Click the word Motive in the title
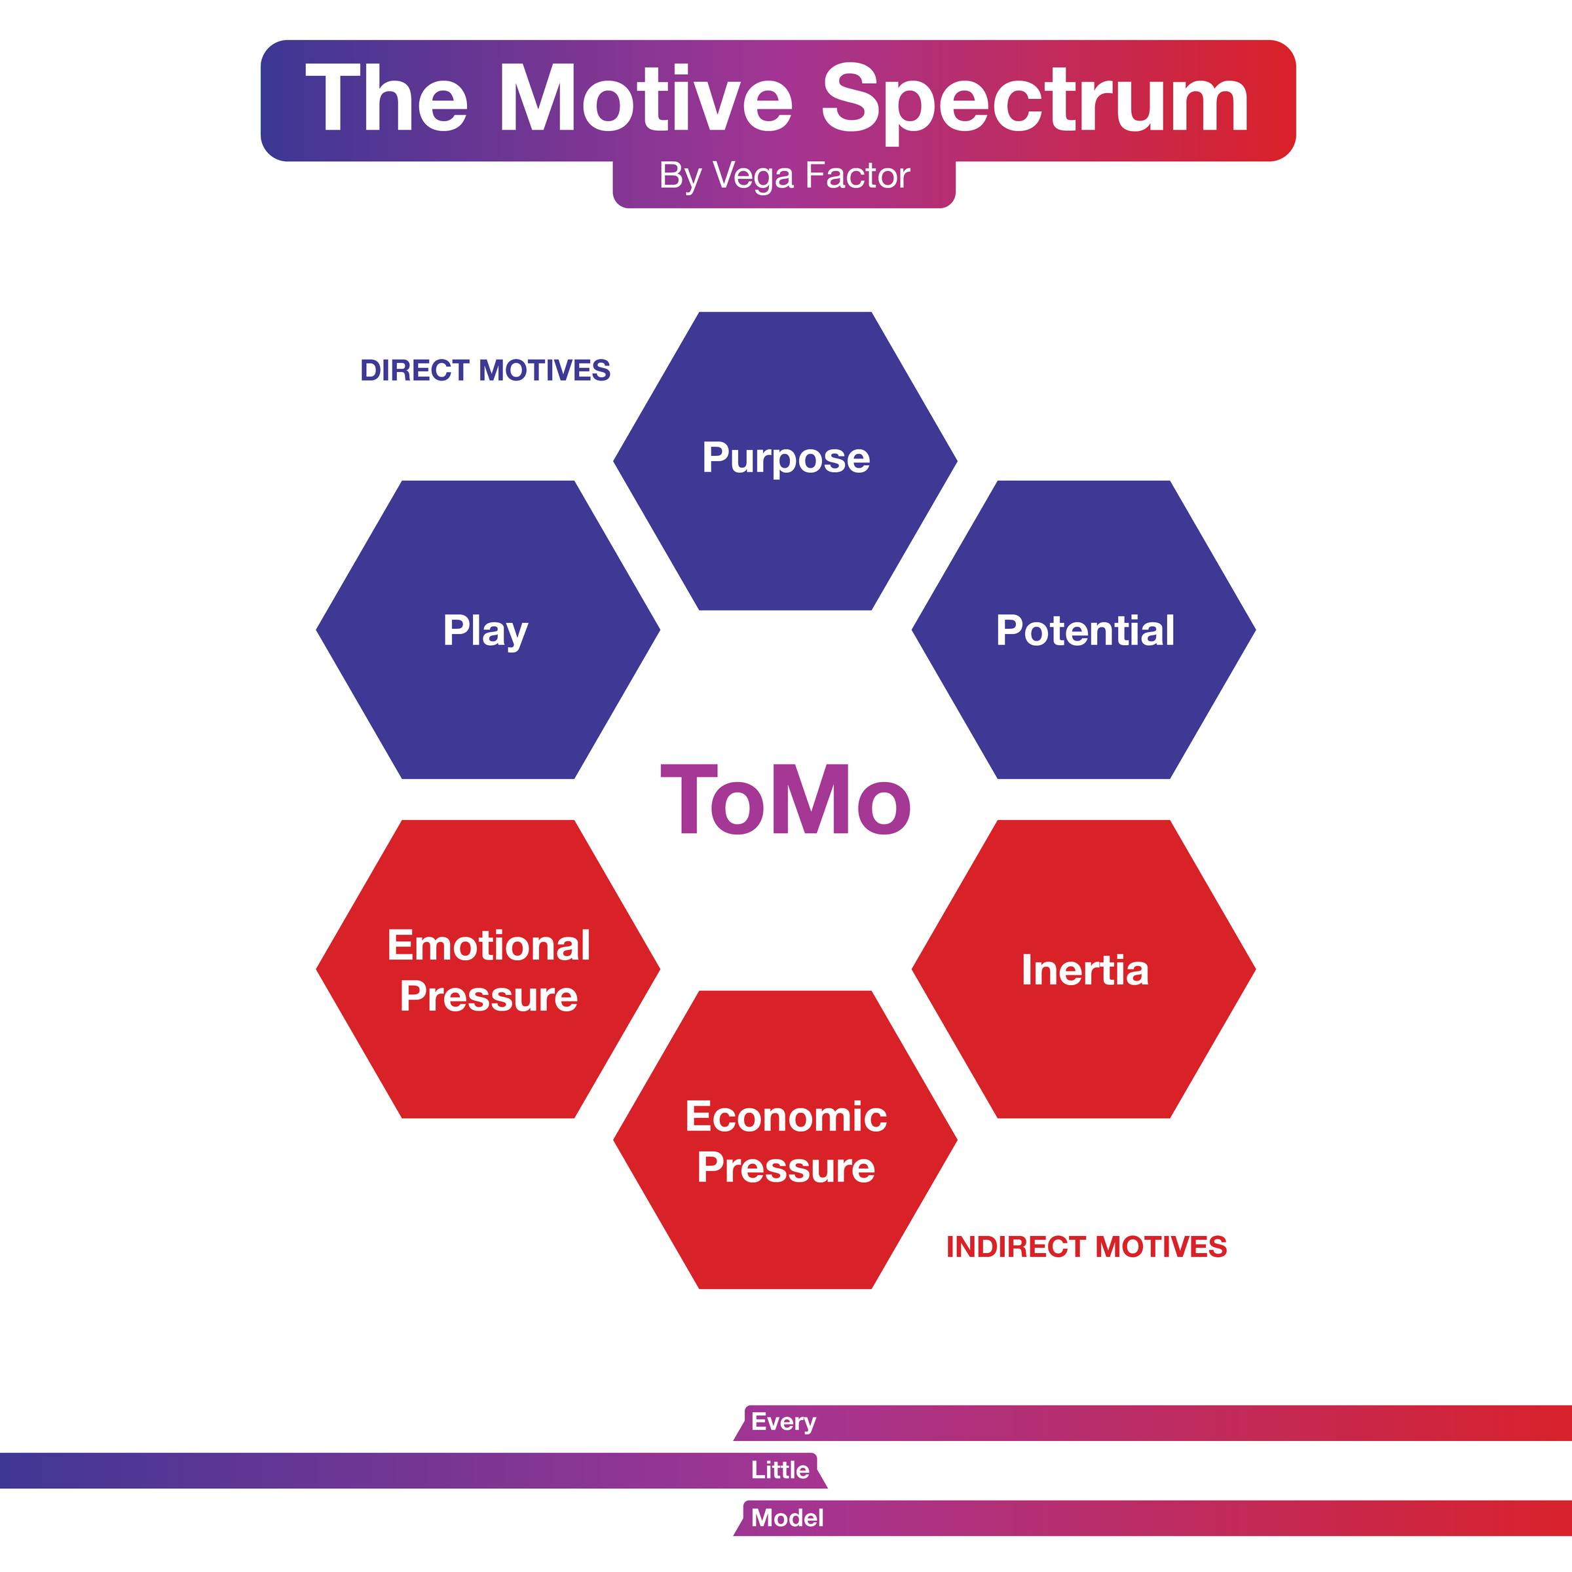[x=645, y=100]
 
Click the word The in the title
[x=387, y=100]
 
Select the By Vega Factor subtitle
[x=785, y=176]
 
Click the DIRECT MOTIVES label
[x=485, y=370]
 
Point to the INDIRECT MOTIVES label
[x=1086, y=1246]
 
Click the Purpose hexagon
[x=785, y=460]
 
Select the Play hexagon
[x=488, y=629]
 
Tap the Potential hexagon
[x=1084, y=629]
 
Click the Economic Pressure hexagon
[x=785, y=1139]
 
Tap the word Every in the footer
[x=783, y=1421]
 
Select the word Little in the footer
[x=780, y=1469]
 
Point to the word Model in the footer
[x=787, y=1518]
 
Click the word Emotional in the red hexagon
[x=488, y=945]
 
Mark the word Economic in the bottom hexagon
[x=786, y=1115]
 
